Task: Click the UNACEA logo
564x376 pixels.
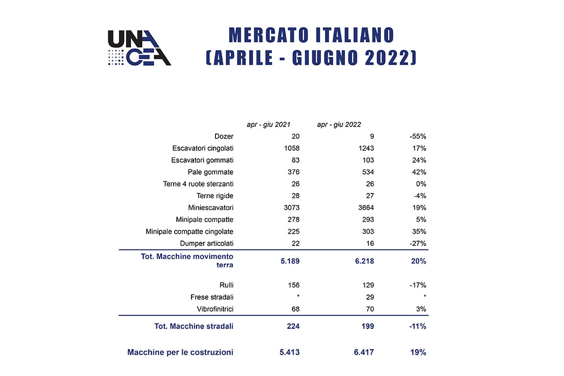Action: [139, 48]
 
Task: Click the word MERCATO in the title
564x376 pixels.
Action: [269, 35]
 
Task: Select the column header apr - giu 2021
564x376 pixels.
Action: [268, 124]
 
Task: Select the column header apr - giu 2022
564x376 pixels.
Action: [339, 124]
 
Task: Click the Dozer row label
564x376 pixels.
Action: [224, 136]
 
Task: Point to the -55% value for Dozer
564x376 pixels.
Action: [418, 136]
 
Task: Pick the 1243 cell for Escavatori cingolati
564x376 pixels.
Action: [366, 148]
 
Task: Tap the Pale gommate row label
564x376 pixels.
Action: [210, 172]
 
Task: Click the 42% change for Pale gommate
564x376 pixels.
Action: [419, 172]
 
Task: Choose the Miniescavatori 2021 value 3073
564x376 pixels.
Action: [291, 208]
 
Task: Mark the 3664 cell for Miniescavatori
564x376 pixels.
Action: [366, 208]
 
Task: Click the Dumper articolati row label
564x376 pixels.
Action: [207, 243]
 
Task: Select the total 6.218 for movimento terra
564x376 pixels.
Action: [364, 261]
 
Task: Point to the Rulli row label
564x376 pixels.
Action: [226, 285]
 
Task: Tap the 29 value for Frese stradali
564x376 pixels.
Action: [370, 297]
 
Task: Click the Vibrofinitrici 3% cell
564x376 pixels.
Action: [421, 309]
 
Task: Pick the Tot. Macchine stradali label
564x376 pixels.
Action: [194, 326]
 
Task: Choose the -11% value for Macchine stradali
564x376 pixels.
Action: [418, 326]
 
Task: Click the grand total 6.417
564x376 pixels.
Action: [364, 352]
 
